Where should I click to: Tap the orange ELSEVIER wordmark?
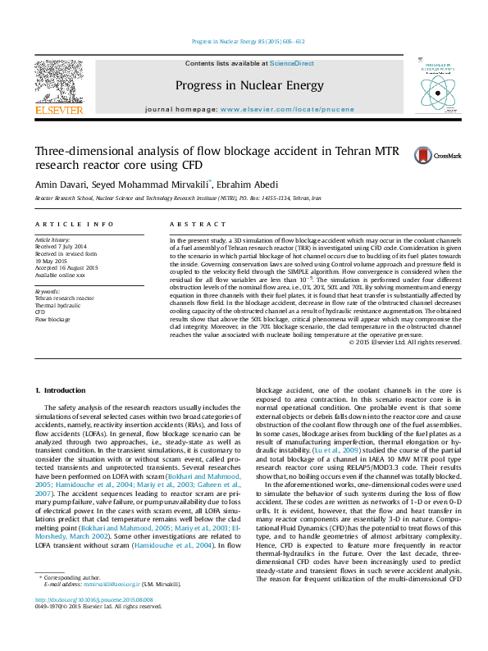pos(58,109)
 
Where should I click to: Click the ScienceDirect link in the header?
pos(292,63)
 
